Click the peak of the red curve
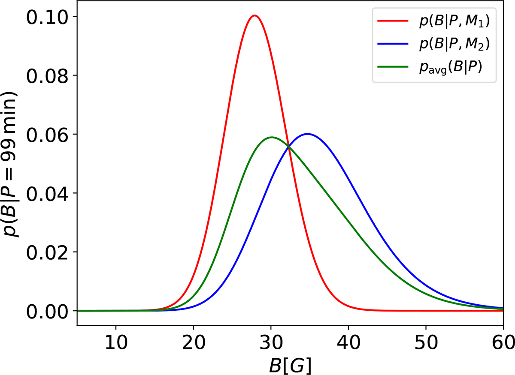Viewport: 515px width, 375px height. click(x=254, y=16)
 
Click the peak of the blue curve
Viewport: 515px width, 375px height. click(x=307, y=134)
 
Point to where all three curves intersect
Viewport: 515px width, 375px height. click(x=288, y=147)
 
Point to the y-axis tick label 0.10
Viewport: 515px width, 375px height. click(x=48, y=17)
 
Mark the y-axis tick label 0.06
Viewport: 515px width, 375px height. click(x=48, y=135)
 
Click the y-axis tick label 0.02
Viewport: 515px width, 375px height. click(x=48, y=252)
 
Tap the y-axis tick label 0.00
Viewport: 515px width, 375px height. click(x=48, y=311)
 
